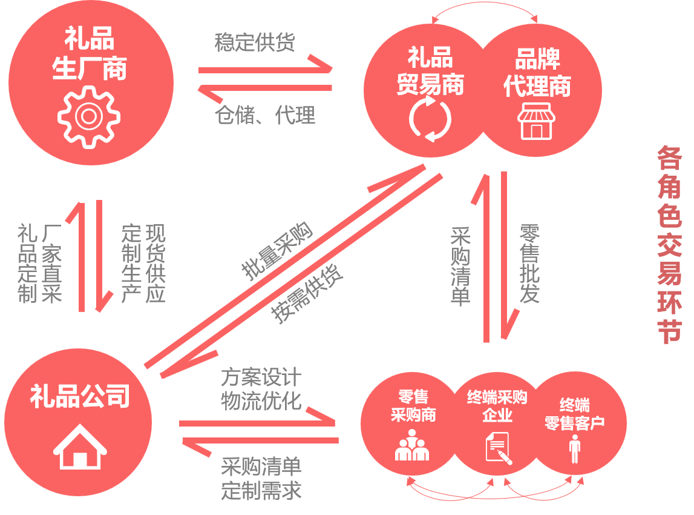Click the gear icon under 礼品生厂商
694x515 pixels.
pos(88,116)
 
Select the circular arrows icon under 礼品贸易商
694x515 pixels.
pos(430,119)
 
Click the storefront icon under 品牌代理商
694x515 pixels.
pos(536,121)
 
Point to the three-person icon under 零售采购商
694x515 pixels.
pos(412,445)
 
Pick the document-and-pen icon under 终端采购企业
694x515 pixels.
pos(497,447)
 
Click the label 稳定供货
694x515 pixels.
pos(255,44)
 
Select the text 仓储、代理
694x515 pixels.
pos(265,115)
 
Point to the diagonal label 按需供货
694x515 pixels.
pos(307,294)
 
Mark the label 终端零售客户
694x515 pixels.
pos(575,414)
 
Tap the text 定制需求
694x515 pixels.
pos(261,490)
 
